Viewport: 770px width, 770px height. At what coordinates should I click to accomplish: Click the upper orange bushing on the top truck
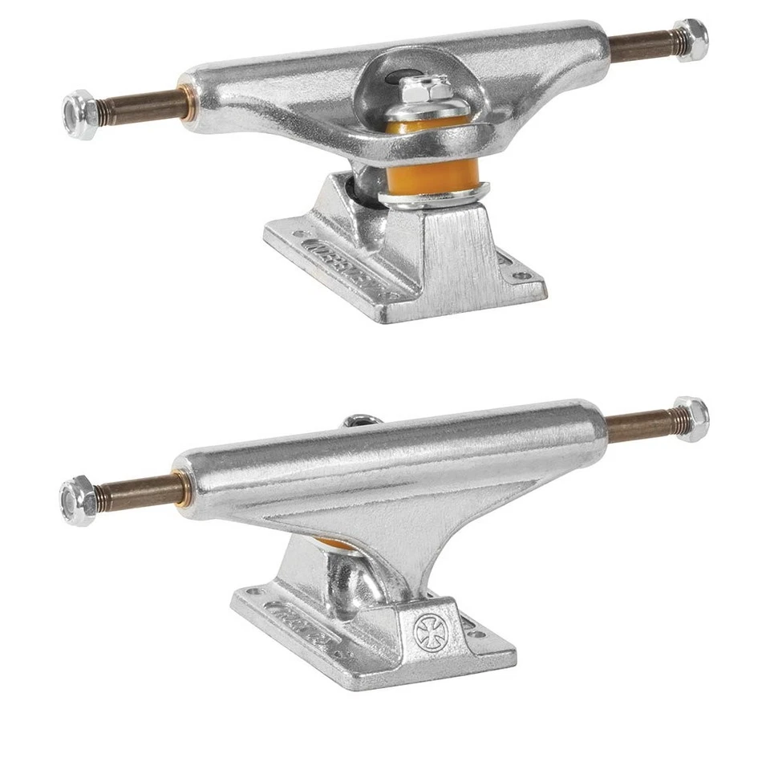pos(433,126)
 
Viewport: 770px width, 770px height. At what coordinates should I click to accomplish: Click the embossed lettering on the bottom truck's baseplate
pos(302,626)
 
